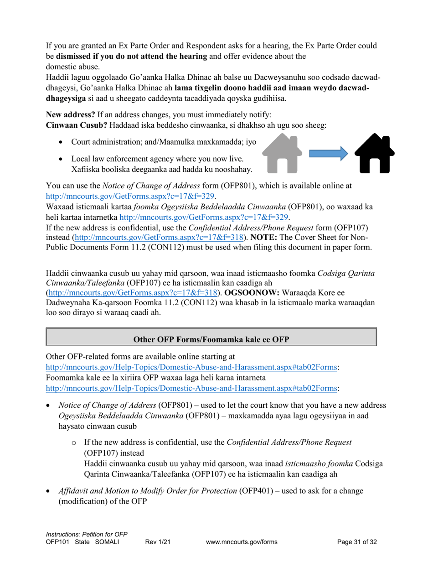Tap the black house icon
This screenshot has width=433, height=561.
tap(374, 153)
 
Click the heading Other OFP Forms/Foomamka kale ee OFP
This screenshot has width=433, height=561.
tap(211, 339)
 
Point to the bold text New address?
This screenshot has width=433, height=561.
tap(71, 114)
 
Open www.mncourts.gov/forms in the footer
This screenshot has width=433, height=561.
tap(242, 542)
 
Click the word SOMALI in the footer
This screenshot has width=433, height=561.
tap(106, 542)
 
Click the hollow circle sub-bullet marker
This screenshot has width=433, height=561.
tap(74, 443)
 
